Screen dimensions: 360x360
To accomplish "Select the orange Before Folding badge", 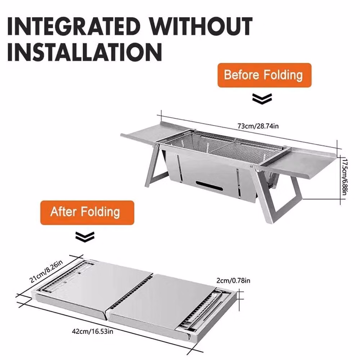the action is click(x=265, y=75).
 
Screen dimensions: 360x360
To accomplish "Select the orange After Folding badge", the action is click(x=87, y=213).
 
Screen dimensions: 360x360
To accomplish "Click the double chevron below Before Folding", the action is click(x=262, y=99).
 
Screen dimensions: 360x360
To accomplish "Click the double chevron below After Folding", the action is click(x=85, y=237).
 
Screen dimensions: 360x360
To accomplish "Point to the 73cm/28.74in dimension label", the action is click(x=258, y=126).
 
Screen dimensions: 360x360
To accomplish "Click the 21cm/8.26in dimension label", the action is click(x=46, y=271).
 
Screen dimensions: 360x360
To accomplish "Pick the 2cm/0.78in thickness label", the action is click(x=233, y=280).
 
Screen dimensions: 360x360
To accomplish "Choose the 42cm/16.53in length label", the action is click(x=93, y=332).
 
